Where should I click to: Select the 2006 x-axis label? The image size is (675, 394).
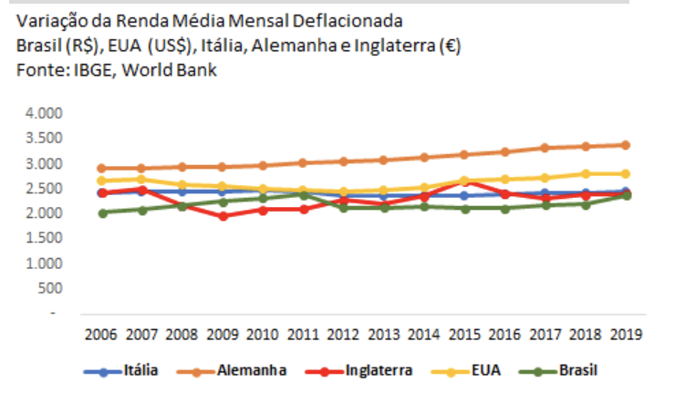click(x=103, y=333)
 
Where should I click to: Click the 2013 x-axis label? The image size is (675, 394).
click(x=382, y=333)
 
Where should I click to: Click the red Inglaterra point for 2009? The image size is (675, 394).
click(x=223, y=216)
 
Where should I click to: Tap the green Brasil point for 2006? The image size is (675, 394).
click(x=103, y=213)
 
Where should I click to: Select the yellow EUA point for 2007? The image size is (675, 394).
click(x=142, y=179)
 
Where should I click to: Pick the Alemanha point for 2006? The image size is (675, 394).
click(x=103, y=168)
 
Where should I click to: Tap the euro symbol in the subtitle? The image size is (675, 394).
click(x=449, y=45)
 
